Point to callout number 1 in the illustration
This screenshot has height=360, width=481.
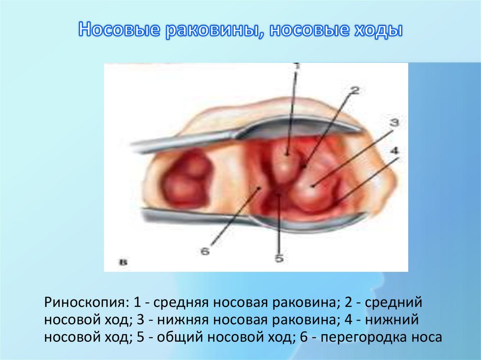point(296,66)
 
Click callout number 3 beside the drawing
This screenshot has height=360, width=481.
point(394,123)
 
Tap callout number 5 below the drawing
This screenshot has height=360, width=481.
point(279,259)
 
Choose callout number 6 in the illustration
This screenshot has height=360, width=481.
point(205,251)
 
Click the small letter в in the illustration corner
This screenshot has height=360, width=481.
point(124,263)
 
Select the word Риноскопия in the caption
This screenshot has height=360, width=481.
point(84,302)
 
